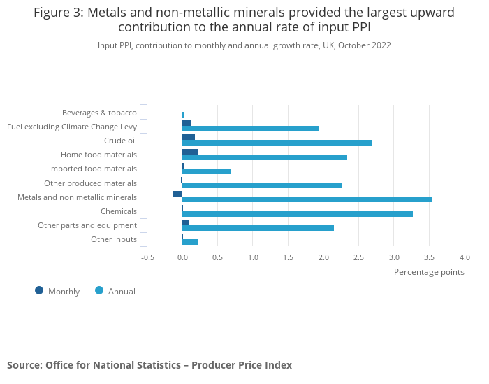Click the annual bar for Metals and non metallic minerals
point(307,199)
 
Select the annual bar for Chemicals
point(297,213)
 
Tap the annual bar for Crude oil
point(277,143)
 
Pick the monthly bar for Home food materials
point(190,152)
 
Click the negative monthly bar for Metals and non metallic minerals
point(177,194)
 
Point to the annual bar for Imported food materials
point(206,171)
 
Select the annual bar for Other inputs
point(190,242)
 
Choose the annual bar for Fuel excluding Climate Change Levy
point(250,129)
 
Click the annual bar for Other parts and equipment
point(258,228)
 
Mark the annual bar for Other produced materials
point(262,185)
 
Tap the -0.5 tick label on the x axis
point(147,257)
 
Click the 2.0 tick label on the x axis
point(323,257)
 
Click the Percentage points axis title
point(429,272)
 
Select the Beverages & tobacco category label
point(99,113)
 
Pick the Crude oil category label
point(120,141)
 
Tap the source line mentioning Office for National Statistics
point(149,365)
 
